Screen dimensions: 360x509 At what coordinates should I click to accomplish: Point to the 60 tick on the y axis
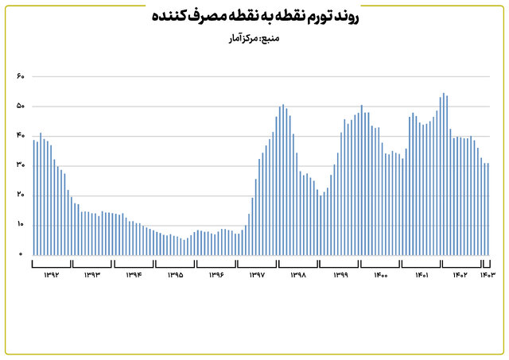pyautogui.click(x=21, y=77)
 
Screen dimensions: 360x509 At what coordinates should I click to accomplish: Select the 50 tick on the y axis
pyautogui.click(x=21, y=106)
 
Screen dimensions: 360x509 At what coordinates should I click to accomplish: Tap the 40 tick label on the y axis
pyautogui.click(x=21, y=136)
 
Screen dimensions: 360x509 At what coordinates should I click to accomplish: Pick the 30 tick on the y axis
pyautogui.click(x=21, y=165)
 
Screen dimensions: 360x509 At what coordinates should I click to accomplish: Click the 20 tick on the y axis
pyautogui.click(x=21, y=195)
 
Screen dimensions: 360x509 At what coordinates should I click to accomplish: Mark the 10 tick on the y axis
pyautogui.click(x=21, y=225)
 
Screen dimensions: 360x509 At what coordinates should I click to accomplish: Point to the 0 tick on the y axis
pyautogui.click(x=21, y=254)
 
